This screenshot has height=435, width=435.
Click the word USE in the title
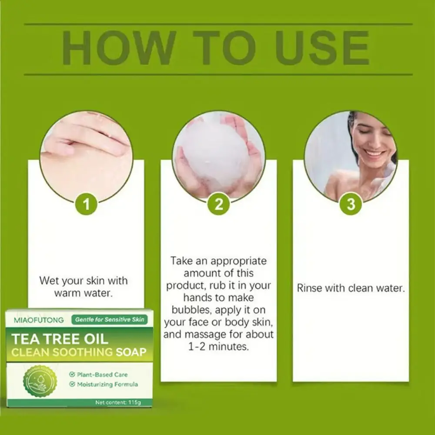click(x=322, y=48)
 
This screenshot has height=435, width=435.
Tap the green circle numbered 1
click(x=86, y=204)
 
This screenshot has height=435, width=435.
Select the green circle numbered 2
click(x=218, y=204)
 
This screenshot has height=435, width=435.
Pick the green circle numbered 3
click(x=351, y=204)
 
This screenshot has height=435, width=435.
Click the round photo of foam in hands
click(x=218, y=154)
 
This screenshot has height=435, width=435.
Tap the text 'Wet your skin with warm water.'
click(x=84, y=287)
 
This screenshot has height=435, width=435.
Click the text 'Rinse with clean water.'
click(x=351, y=288)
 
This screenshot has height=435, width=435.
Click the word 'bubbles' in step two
click(x=190, y=310)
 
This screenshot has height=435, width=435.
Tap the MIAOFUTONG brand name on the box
click(x=38, y=320)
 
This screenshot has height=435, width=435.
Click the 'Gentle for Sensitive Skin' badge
click(x=109, y=320)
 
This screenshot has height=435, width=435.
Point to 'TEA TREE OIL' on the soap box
click(x=52, y=338)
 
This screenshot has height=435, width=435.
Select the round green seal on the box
click(x=40, y=381)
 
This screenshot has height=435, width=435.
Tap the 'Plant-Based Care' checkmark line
click(x=99, y=375)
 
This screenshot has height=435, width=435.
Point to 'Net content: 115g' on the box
click(x=118, y=402)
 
